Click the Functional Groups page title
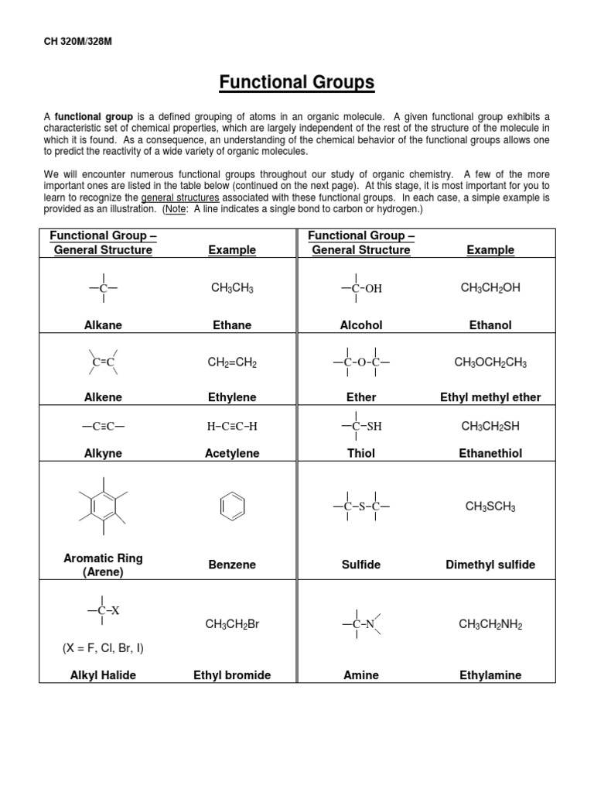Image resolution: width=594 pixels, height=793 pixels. tap(297, 82)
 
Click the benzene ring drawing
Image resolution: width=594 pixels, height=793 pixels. tap(232, 507)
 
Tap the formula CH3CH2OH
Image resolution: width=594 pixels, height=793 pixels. tap(490, 288)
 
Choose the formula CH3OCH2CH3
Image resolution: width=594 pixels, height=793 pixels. tap(490, 362)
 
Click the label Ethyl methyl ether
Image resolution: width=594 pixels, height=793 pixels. tap(490, 397)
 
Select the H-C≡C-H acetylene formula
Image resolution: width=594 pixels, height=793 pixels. tap(232, 426)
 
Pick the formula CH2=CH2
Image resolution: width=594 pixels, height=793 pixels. tap(232, 362)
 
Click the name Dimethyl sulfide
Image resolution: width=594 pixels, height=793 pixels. tap(490, 565)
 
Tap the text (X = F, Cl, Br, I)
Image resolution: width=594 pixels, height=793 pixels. tap(103, 648)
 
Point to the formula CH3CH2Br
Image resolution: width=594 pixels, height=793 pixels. tap(232, 624)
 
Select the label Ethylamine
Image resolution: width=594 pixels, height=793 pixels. tap(490, 675)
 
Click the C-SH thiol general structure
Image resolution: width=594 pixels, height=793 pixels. tap(361, 426)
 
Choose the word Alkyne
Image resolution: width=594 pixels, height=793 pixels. tap(103, 454)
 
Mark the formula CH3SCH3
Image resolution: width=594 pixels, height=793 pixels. tap(490, 506)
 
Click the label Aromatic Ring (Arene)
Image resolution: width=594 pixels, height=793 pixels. tap(103, 565)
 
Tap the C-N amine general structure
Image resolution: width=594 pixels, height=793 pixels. tap(361, 624)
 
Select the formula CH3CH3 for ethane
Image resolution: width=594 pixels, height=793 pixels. tap(232, 288)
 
